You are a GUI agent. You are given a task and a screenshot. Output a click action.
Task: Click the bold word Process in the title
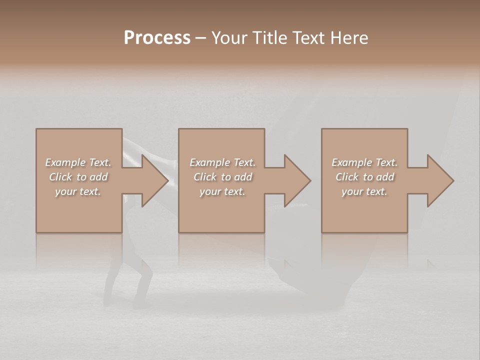click(157, 38)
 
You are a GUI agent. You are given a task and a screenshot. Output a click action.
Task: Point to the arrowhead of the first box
click(154, 180)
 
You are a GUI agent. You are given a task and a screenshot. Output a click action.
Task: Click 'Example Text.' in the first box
click(78, 162)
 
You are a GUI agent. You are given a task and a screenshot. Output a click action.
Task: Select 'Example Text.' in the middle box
click(222, 162)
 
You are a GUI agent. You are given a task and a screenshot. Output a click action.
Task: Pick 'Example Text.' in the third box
click(364, 162)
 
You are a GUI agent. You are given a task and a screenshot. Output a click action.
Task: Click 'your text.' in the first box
click(78, 191)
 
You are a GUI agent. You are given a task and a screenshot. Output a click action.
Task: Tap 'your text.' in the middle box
click(222, 191)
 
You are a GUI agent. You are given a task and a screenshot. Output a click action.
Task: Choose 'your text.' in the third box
click(364, 191)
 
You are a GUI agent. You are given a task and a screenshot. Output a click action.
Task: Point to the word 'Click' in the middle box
click(205, 177)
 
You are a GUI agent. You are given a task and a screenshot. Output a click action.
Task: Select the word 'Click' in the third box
click(347, 177)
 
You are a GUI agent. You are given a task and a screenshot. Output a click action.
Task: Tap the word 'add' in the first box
click(99, 177)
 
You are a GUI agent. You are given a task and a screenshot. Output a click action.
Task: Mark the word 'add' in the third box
click(385, 177)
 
